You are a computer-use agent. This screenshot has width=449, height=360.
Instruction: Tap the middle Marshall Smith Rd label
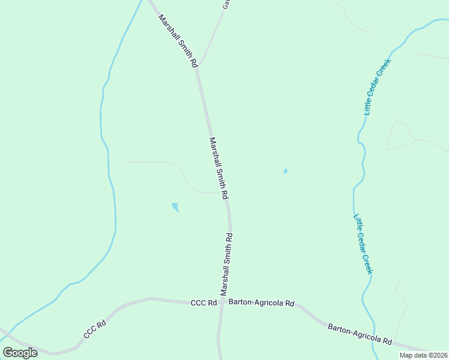point(218,168)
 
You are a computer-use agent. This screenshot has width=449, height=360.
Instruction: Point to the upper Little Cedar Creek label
point(377,86)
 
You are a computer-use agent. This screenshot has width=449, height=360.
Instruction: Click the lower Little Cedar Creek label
point(363,244)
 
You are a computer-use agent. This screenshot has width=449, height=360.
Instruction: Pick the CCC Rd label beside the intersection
point(203,304)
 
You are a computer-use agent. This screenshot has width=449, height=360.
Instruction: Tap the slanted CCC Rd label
point(95,329)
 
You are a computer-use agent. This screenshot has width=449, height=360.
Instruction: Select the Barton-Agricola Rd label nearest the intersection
point(261,304)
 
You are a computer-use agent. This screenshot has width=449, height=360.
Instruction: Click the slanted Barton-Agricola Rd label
point(360,334)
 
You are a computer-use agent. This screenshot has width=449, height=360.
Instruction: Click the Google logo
point(20,353)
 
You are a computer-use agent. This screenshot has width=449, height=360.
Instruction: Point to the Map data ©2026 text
point(423,355)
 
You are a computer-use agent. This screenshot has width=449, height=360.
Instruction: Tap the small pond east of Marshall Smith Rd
point(285,171)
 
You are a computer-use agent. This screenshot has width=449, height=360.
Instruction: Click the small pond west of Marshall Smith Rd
point(175,207)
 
